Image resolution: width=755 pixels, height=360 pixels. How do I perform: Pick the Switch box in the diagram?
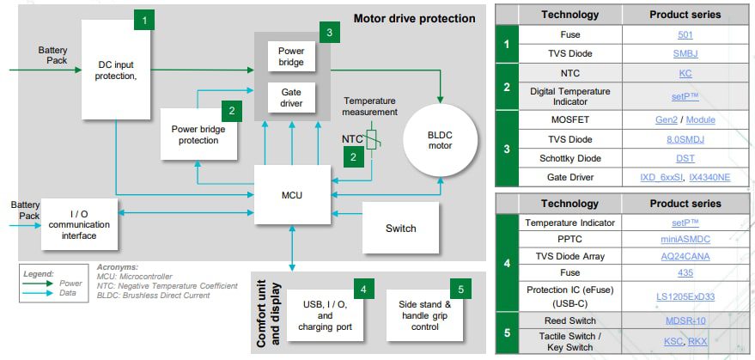(399, 228)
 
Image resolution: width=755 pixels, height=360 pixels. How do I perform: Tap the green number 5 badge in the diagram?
(460, 289)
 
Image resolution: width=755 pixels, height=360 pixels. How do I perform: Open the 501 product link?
(685, 35)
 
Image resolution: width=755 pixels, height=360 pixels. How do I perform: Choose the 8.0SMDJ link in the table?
(685, 139)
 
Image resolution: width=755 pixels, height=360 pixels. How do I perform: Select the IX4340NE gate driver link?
(710, 177)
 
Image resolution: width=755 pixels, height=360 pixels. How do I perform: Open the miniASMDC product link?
(685, 239)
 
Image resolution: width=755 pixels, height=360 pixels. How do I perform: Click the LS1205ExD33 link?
(685, 296)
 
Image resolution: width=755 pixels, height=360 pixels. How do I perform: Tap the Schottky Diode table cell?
(569, 158)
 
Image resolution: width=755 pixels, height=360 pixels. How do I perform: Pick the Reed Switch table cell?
(569, 320)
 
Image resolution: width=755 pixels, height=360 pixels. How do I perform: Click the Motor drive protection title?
(414, 18)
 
